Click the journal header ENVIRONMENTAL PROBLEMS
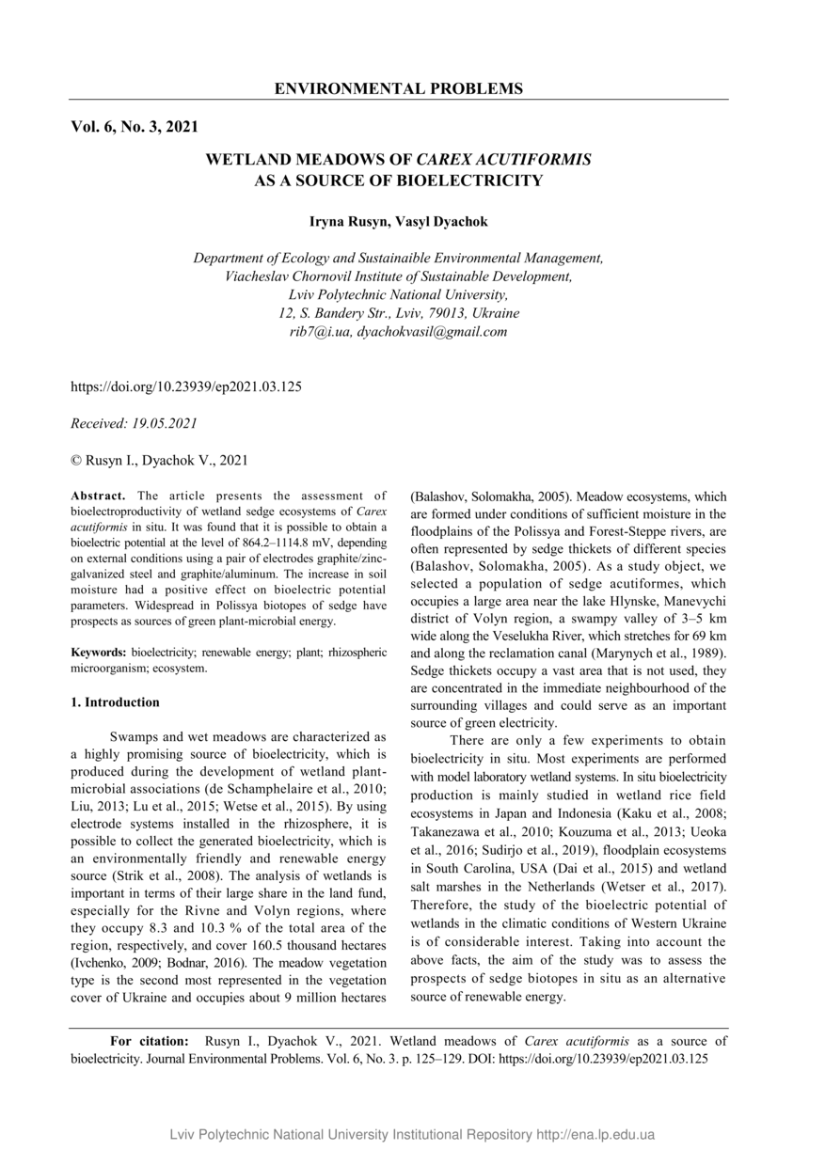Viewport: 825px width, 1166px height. coord(398,89)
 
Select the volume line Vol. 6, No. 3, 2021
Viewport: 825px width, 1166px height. coord(134,126)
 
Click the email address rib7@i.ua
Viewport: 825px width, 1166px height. coord(319,332)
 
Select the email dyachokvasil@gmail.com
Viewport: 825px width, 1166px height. coord(432,332)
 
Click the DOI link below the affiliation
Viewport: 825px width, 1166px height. coord(186,386)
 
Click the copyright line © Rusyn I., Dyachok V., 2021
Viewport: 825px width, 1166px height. coord(159,460)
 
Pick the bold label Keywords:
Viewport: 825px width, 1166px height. coord(100,651)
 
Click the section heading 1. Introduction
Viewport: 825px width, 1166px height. coord(116,702)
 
